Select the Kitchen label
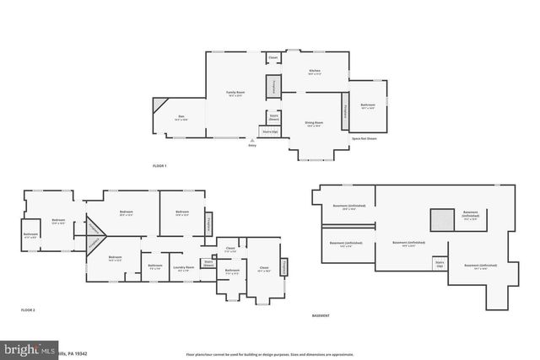[314, 72]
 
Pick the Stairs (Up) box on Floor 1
[270, 132]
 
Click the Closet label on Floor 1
[273, 58]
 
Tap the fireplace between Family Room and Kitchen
[273, 86]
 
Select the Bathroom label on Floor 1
[367, 106]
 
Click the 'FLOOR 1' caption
[159, 166]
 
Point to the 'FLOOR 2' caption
[28, 310]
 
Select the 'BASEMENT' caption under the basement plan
[321, 315]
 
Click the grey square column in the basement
[441, 219]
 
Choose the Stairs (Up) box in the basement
[439, 263]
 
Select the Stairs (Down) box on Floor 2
[208, 263]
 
